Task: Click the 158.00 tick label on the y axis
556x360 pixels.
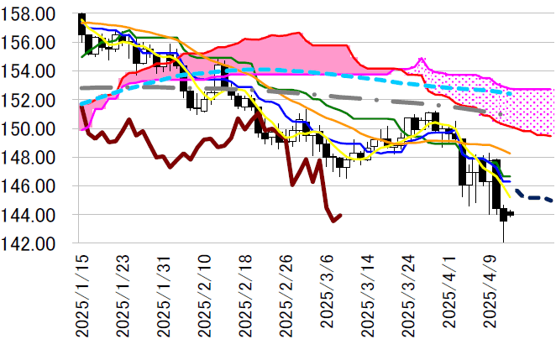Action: pyautogui.click(x=34, y=14)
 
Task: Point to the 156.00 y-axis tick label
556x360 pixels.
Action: pyautogui.click(x=34, y=43)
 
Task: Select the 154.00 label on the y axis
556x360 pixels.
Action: pyautogui.click(x=34, y=71)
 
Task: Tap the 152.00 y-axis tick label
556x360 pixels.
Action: pyautogui.click(x=34, y=100)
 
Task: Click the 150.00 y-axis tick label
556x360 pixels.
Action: pyautogui.click(x=34, y=129)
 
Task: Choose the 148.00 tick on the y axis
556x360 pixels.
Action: pyautogui.click(x=34, y=158)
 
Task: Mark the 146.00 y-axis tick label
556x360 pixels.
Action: pyautogui.click(x=34, y=186)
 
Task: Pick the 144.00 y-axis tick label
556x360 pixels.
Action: pyautogui.click(x=34, y=215)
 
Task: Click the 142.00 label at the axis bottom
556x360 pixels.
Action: pyautogui.click(x=34, y=243)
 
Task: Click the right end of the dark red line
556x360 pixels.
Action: pyautogui.click(x=340, y=215)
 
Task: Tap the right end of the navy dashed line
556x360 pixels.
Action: pyautogui.click(x=552, y=201)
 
